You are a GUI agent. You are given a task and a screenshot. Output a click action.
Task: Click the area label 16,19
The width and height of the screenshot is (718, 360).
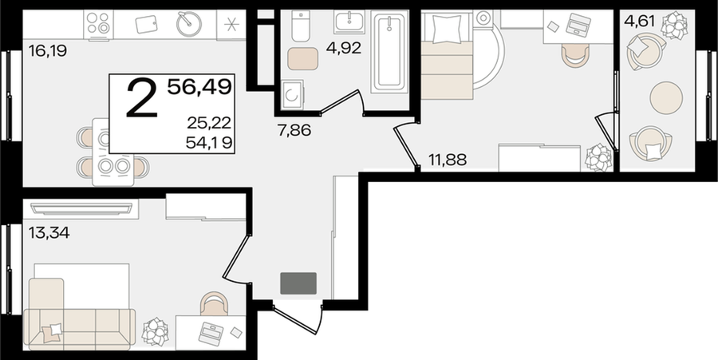(48, 51)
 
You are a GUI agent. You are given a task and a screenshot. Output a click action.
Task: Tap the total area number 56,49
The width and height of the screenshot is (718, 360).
(199, 86)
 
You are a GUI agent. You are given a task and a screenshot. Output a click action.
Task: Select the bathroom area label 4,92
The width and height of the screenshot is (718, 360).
(343, 48)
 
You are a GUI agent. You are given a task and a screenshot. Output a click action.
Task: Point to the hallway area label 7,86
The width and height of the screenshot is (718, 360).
(294, 131)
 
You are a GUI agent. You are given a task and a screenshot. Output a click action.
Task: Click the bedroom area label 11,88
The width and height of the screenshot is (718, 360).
(448, 160)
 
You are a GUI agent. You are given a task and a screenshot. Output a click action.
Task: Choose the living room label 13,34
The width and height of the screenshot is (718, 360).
(49, 232)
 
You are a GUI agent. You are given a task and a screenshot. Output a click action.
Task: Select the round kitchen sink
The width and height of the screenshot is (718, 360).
(189, 24)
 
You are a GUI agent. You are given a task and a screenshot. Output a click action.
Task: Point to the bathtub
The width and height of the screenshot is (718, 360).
(389, 52)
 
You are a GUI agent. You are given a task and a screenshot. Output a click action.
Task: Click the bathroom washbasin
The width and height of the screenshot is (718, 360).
(349, 22)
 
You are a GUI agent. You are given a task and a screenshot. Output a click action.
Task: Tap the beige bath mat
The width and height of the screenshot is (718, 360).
(302, 58)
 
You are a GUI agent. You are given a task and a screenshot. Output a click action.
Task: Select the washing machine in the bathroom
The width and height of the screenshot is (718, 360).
(292, 94)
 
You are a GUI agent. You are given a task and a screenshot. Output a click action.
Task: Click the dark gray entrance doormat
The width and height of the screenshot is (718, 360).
(298, 283)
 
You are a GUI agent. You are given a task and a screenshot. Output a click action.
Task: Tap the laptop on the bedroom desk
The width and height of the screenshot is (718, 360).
(578, 23)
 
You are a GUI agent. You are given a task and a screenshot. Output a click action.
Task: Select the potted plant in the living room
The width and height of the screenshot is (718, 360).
(156, 332)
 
